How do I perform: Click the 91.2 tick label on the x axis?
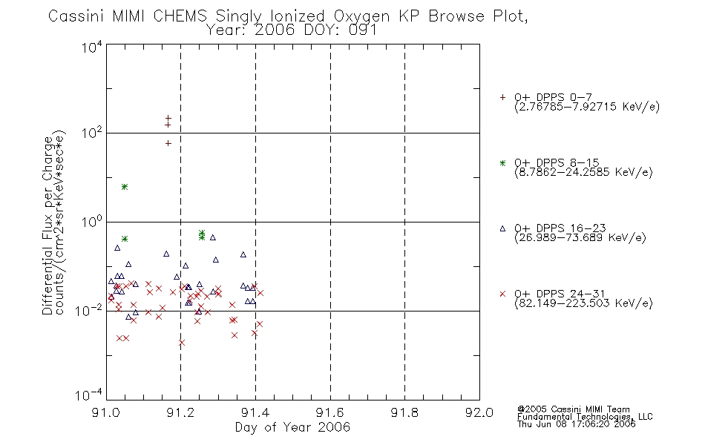click(x=180, y=412)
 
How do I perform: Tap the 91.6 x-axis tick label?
click(x=330, y=412)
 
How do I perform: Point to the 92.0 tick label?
click(x=479, y=412)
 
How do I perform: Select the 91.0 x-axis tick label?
click(x=105, y=412)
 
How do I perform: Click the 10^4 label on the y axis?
click(x=92, y=47)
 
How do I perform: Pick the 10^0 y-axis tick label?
click(x=92, y=222)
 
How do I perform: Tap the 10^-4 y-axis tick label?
click(x=89, y=395)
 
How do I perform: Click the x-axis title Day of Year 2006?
click(x=292, y=427)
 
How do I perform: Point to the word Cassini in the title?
click(x=76, y=16)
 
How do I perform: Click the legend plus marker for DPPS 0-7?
click(x=502, y=97)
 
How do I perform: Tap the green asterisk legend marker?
click(x=502, y=162)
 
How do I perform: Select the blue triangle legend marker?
click(x=502, y=228)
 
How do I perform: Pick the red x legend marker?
click(x=502, y=294)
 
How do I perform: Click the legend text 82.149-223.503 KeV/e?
click(x=583, y=303)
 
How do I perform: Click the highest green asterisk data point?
click(x=125, y=187)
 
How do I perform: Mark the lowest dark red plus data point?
click(x=168, y=143)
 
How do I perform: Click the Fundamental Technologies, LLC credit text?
click(x=585, y=417)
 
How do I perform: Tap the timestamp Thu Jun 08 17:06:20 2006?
click(x=576, y=424)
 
